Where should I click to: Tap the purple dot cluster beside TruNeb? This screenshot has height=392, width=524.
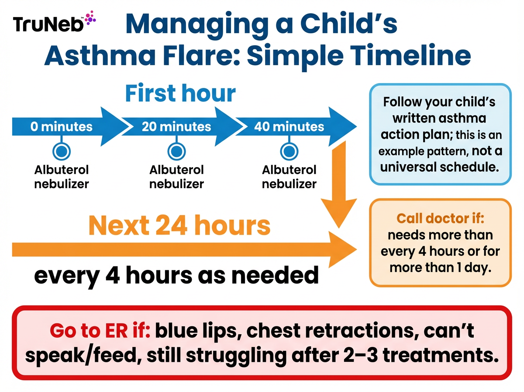90,18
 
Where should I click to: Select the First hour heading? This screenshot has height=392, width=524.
180,93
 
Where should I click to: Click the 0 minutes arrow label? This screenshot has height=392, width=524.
62,127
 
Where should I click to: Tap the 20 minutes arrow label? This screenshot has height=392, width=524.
176,127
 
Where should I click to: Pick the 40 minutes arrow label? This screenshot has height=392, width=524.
289,127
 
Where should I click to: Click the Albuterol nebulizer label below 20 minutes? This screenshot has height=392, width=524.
176,176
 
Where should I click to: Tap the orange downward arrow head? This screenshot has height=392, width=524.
339,212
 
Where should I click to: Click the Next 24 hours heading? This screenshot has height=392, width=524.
179,225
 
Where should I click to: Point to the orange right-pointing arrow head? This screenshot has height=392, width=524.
343,249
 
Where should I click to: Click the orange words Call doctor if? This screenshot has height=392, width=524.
440,218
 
